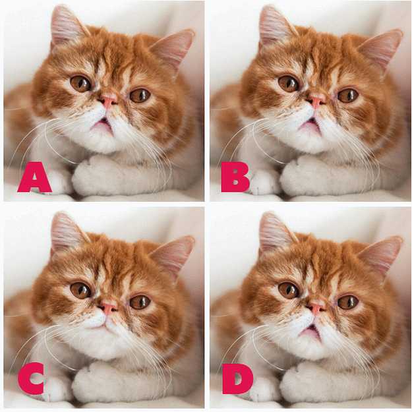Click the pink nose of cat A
pyautogui.click(x=107, y=101)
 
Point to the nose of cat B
pyautogui.click(x=316, y=101)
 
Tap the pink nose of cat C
pyautogui.click(x=107, y=307)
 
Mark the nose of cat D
pyautogui.click(x=316, y=307)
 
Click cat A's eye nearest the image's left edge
pyautogui.click(x=80, y=83)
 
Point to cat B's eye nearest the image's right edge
pyautogui.click(x=347, y=96)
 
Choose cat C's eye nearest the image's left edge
pyautogui.click(x=80, y=289)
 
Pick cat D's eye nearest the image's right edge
pyautogui.click(x=347, y=302)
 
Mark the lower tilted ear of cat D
pyautogui.click(x=382, y=254)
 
